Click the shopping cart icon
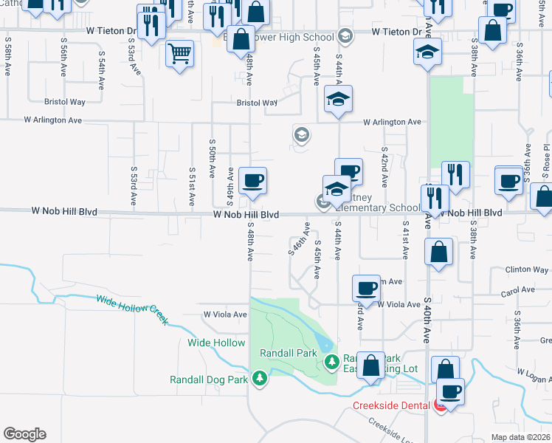coord(180,54)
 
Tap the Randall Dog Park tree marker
coord(259,379)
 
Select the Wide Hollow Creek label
coord(132,309)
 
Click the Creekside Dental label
coord(393,405)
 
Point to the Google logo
coord(24,434)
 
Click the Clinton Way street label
coord(525,270)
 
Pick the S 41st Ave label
coord(405,241)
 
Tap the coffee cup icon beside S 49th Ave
coord(252,181)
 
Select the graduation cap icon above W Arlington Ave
coord(338,100)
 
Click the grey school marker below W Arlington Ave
coord(301,134)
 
